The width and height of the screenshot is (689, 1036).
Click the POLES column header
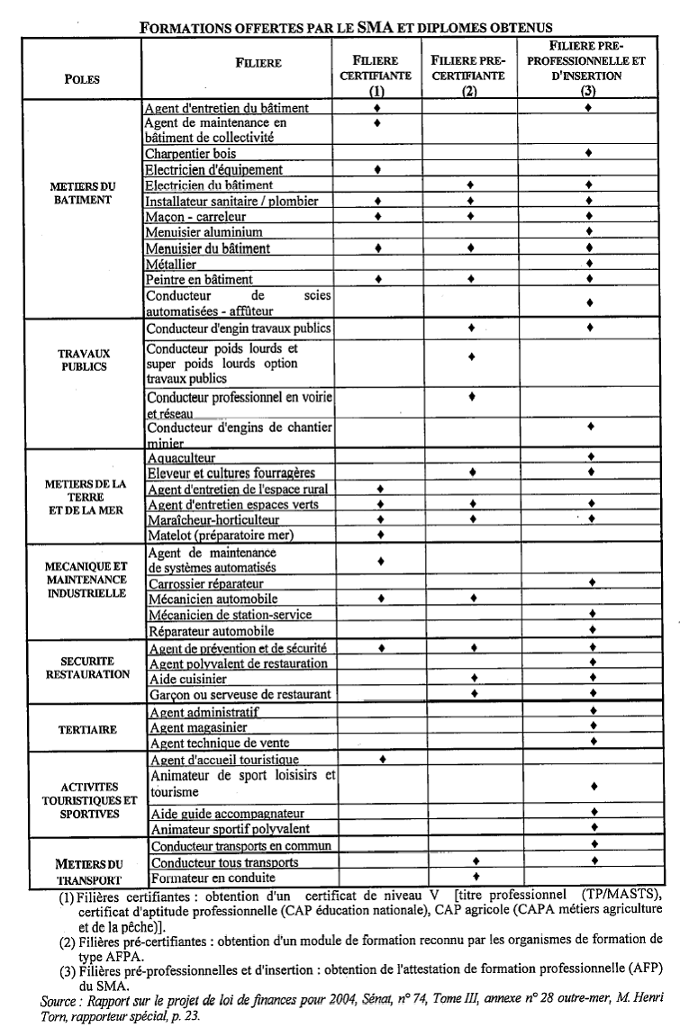pyautogui.click(x=82, y=79)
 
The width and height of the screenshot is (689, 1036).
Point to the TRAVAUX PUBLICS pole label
pyautogui.click(x=82, y=360)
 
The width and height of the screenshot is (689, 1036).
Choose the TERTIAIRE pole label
pyautogui.click(x=82, y=730)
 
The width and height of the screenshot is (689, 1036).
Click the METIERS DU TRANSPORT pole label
pyautogui.click(x=88, y=871)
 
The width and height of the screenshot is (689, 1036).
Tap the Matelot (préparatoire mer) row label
pyautogui.click(x=221, y=536)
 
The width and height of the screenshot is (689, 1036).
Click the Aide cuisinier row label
pyautogui.click(x=188, y=679)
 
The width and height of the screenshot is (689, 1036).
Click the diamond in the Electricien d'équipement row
pyautogui.click(x=376, y=168)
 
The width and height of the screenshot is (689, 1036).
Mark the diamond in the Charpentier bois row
pyautogui.click(x=588, y=153)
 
